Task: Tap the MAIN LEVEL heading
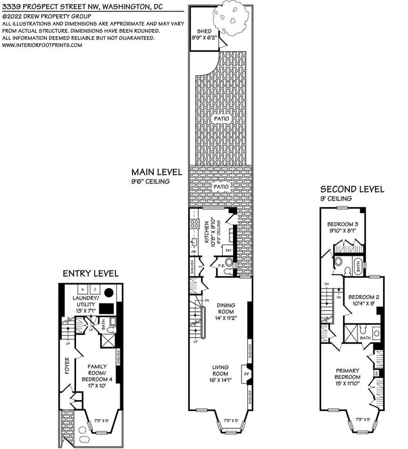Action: click(157, 172)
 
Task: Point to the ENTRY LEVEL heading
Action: click(90, 273)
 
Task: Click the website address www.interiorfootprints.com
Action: click(43, 45)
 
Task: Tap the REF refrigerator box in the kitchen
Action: click(228, 250)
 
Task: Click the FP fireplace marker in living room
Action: click(246, 374)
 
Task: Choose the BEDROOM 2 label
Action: click(364, 297)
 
